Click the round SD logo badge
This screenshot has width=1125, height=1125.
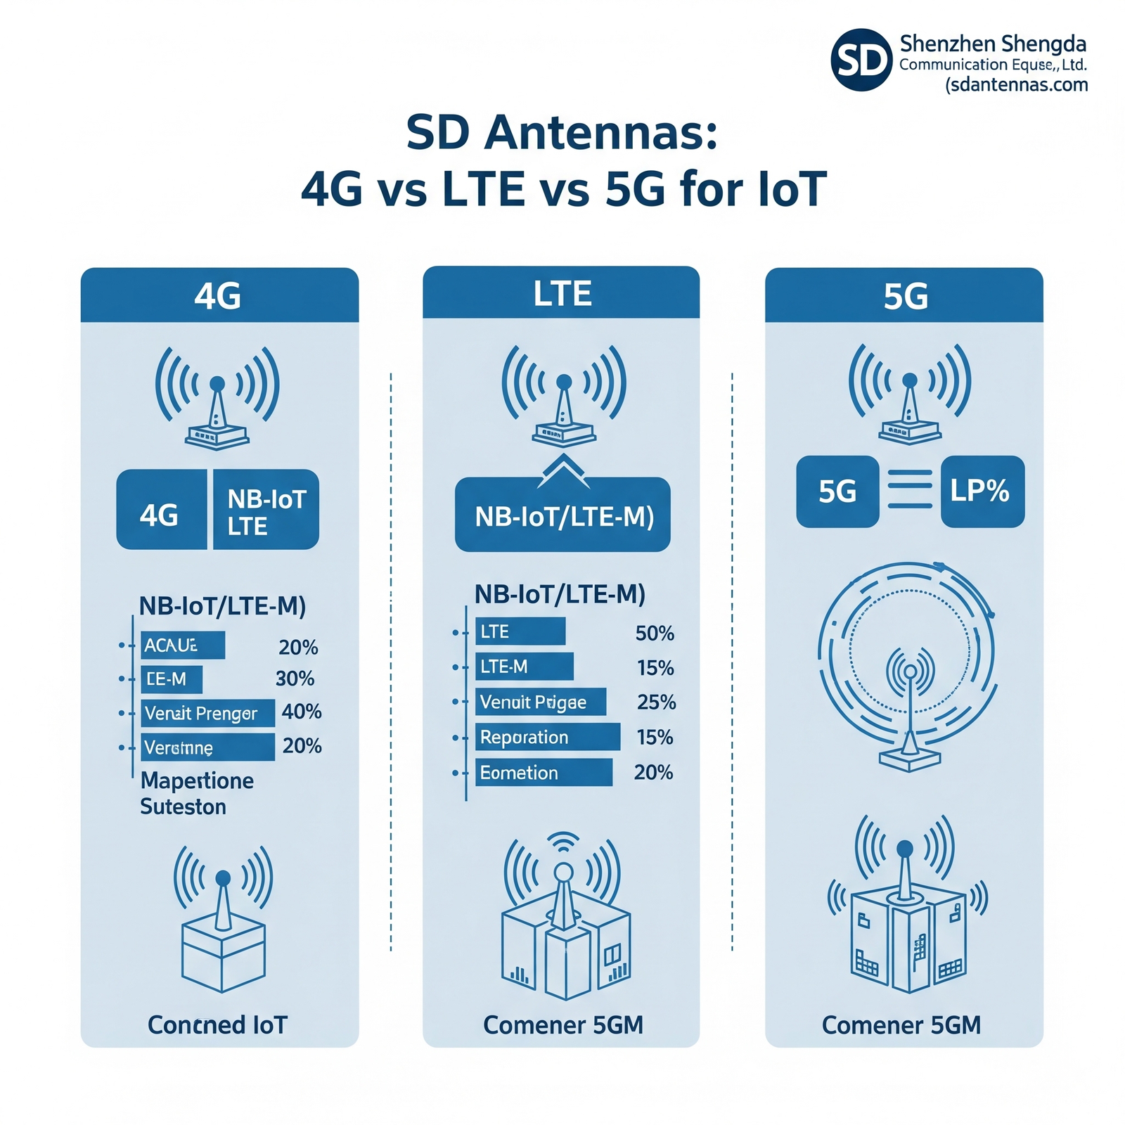tap(861, 60)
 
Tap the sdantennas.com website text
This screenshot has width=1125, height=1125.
tap(1017, 85)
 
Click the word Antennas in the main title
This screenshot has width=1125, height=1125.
tap(600, 132)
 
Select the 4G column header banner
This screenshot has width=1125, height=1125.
tap(219, 295)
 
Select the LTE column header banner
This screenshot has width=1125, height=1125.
tap(561, 293)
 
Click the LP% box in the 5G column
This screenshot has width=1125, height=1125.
tap(982, 491)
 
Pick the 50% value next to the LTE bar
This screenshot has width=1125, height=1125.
tap(654, 634)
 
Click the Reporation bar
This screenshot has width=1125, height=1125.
tap(547, 737)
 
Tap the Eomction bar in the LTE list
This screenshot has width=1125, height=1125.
tap(543, 772)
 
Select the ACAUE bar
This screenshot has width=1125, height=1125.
tap(182, 645)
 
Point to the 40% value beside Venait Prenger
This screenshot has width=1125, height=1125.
tap(301, 712)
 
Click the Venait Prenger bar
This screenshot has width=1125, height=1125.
tap(207, 713)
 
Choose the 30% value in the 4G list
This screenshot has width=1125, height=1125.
tap(295, 679)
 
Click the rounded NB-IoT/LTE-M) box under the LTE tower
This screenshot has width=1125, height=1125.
tap(562, 517)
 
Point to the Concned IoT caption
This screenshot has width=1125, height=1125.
tap(218, 1024)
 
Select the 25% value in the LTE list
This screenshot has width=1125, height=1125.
tap(656, 702)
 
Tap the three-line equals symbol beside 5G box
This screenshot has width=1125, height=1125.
tap(910, 490)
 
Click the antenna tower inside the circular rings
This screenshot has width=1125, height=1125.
tap(910, 717)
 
